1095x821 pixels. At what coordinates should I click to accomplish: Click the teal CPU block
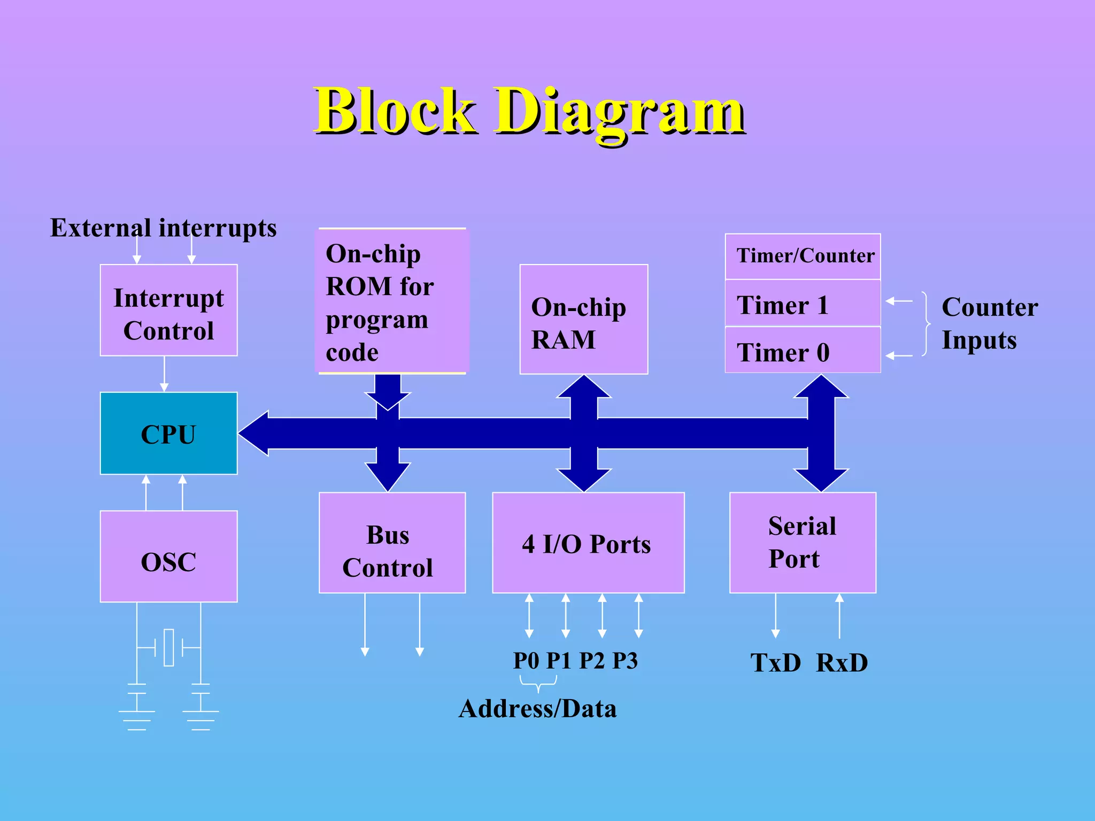click(x=168, y=433)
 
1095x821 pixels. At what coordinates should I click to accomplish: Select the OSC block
click(x=168, y=556)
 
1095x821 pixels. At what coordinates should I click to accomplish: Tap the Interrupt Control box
click(x=168, y=311)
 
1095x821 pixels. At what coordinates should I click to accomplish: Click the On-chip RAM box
click(x=584, y=320)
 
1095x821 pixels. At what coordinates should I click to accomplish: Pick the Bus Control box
click(x=392, y=543)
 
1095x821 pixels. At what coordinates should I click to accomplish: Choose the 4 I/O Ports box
click(x=588, y=543)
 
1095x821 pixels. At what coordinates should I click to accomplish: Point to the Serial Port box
click(x=803, y=543)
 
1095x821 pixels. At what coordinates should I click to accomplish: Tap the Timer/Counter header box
click(x=803, y=257)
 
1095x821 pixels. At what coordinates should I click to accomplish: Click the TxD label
click(x=775, y=663)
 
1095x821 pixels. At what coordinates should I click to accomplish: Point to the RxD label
click(x=842, y=663)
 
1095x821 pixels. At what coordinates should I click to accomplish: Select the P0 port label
click(x=526, y=661)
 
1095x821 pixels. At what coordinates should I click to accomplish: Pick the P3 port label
click(x=625, y=661)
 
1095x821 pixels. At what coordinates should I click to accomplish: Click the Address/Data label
click(x=538, y=709)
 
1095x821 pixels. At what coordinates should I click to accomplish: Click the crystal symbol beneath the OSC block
click(x=168, y=647)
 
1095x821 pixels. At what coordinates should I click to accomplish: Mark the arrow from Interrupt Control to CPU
click(x=164, y=374)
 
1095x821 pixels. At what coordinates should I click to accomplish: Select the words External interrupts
click(x=163, y=228)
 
